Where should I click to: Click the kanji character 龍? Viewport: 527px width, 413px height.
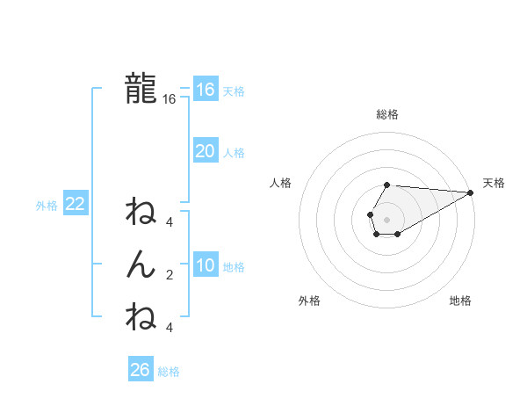[141, 88]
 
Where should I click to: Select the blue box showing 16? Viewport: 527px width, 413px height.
[205, 89]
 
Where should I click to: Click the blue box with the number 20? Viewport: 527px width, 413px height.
[205, 151]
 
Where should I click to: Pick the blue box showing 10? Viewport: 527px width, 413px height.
[205, 265]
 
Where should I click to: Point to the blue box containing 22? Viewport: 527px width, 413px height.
[75, 204]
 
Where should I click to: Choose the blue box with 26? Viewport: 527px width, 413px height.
[140, 370]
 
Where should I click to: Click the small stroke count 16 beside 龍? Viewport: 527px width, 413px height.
[170, 99]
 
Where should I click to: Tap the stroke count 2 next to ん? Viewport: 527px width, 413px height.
[170, 275]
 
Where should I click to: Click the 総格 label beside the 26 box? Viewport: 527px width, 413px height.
[169, 372]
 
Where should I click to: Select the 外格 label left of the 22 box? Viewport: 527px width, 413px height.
[47, 206]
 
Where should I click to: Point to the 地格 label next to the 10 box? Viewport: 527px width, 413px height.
[234, 267]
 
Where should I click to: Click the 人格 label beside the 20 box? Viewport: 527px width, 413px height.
[234, 153]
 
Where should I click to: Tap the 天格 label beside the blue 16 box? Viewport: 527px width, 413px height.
[234, 91]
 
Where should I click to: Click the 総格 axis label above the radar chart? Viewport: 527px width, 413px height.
[386, 114]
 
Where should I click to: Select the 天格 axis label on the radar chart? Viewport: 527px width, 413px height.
[494, 183]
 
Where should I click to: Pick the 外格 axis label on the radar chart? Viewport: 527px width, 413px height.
[309, 301]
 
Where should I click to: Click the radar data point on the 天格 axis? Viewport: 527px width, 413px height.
[470, 192]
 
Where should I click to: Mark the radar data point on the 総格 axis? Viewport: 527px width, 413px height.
[386, 185]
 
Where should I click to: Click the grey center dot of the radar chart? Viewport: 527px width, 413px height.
[386, 218]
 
